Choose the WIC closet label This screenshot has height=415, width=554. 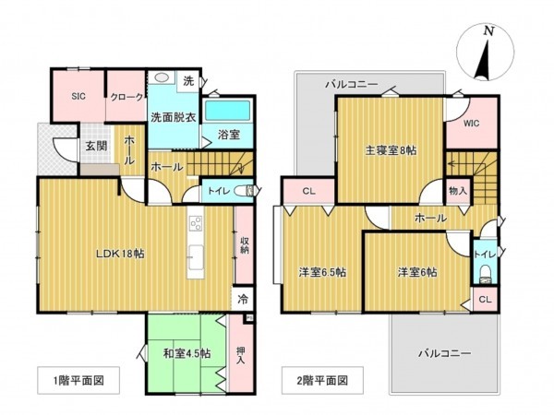pyautogui.click(x=472, y=123)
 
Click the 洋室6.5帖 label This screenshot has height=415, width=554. pyautogui.click(x=321, y=272)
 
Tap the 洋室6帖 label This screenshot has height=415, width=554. pyautogui.click(x=417, y=272)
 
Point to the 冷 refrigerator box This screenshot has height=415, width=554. pyautogui.click(x=242, y=299)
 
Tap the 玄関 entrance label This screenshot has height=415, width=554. pyautogui.click(x=95, y=146)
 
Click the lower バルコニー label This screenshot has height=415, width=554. pyautogui.click(x=444, y=353)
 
